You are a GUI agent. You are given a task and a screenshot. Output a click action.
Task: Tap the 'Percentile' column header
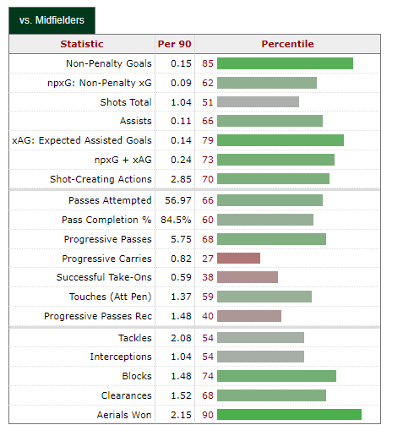click(x=287, y=44)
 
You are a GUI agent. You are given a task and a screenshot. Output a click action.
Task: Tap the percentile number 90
click(x=208, y=414)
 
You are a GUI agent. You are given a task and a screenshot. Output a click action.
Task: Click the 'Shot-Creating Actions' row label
click(x=101, y=179)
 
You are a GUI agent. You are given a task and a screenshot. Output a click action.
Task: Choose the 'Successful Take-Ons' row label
click(x=104, y=277)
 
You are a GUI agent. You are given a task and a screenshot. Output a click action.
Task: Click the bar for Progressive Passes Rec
click(x=250, y=316)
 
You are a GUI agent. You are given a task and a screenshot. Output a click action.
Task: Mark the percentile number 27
click(x=208, y=259)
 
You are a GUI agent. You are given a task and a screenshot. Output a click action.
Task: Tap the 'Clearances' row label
click(x=124, y=395)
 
